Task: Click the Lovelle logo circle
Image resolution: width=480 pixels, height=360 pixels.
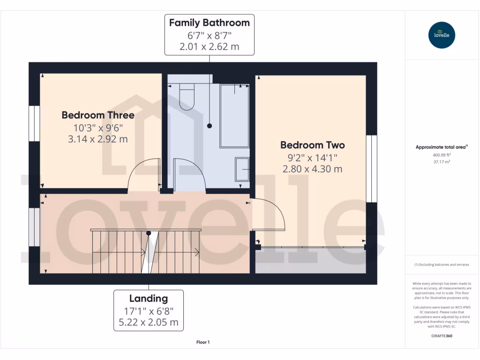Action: pos(442,35)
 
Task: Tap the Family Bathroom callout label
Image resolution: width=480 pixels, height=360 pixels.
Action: pos(209,35)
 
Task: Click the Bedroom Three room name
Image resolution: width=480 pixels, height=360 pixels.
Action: pos(98,115)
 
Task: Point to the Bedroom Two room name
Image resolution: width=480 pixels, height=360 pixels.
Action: pos(313,145)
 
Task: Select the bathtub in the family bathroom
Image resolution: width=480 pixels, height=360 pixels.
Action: pos(234,115)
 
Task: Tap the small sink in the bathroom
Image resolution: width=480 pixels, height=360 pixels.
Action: pos(242,169)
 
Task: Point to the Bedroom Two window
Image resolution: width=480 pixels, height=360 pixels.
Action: pos(371,169)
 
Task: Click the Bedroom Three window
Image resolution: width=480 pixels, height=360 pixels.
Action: pos(34,123)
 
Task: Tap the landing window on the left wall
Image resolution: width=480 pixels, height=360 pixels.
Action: pos(34,227)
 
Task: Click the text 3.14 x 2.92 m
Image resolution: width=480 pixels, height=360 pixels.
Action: pos(98,139)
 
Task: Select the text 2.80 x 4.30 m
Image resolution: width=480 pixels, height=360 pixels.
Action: pos(313,169)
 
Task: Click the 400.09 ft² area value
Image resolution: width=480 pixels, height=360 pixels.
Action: pos(441,155)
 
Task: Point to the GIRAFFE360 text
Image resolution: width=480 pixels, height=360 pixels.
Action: pos(441,336)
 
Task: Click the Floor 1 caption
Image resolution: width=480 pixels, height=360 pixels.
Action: pos(203,343)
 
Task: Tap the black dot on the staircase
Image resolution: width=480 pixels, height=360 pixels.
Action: pos(149,233)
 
